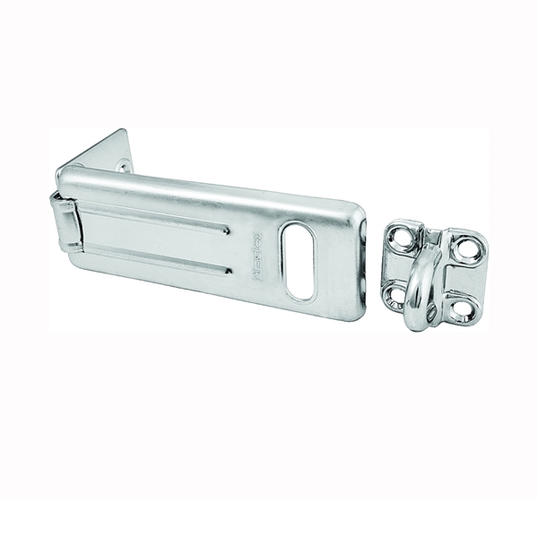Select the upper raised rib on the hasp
(x=161, y=219)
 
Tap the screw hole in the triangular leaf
(x=123, y=165)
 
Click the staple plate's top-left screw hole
(x=402, y=239)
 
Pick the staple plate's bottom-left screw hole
(x=394, y=293)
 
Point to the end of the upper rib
(x=225, y=230)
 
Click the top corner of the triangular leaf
(x=125, y=132)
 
